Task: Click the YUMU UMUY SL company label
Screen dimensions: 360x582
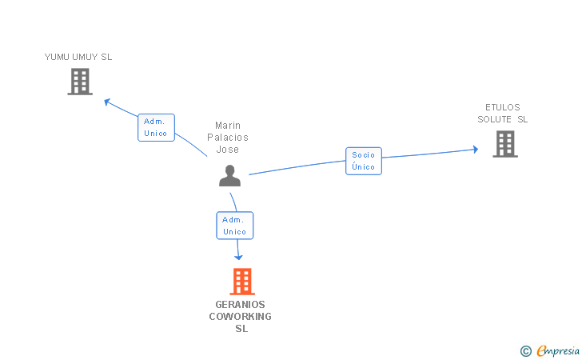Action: [78, 57]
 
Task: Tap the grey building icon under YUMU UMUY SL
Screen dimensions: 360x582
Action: [80, 82]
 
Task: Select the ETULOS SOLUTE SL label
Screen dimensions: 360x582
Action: [503, 114]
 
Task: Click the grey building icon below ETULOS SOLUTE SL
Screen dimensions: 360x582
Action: [504, 144]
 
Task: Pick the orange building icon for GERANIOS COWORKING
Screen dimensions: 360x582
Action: [241, 282]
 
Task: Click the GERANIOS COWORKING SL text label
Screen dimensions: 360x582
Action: [241, 316]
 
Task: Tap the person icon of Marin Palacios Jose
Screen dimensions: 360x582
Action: [230, 175]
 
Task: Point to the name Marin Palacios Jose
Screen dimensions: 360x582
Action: [228, 138]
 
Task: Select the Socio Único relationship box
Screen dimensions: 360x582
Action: [364, 161]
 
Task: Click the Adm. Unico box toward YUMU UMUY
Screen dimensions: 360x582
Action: [156, 127]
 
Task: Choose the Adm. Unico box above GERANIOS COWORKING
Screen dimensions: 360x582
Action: [234, 226]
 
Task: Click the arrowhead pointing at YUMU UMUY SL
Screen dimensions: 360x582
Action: [108, 102]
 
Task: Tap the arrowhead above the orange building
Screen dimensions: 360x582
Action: [238, 256]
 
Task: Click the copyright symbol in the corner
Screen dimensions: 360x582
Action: [525, 350]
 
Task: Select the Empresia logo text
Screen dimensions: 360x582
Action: [558, 350]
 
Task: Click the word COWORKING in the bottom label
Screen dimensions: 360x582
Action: [241, 316]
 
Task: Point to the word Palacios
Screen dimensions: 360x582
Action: [228, 138]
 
